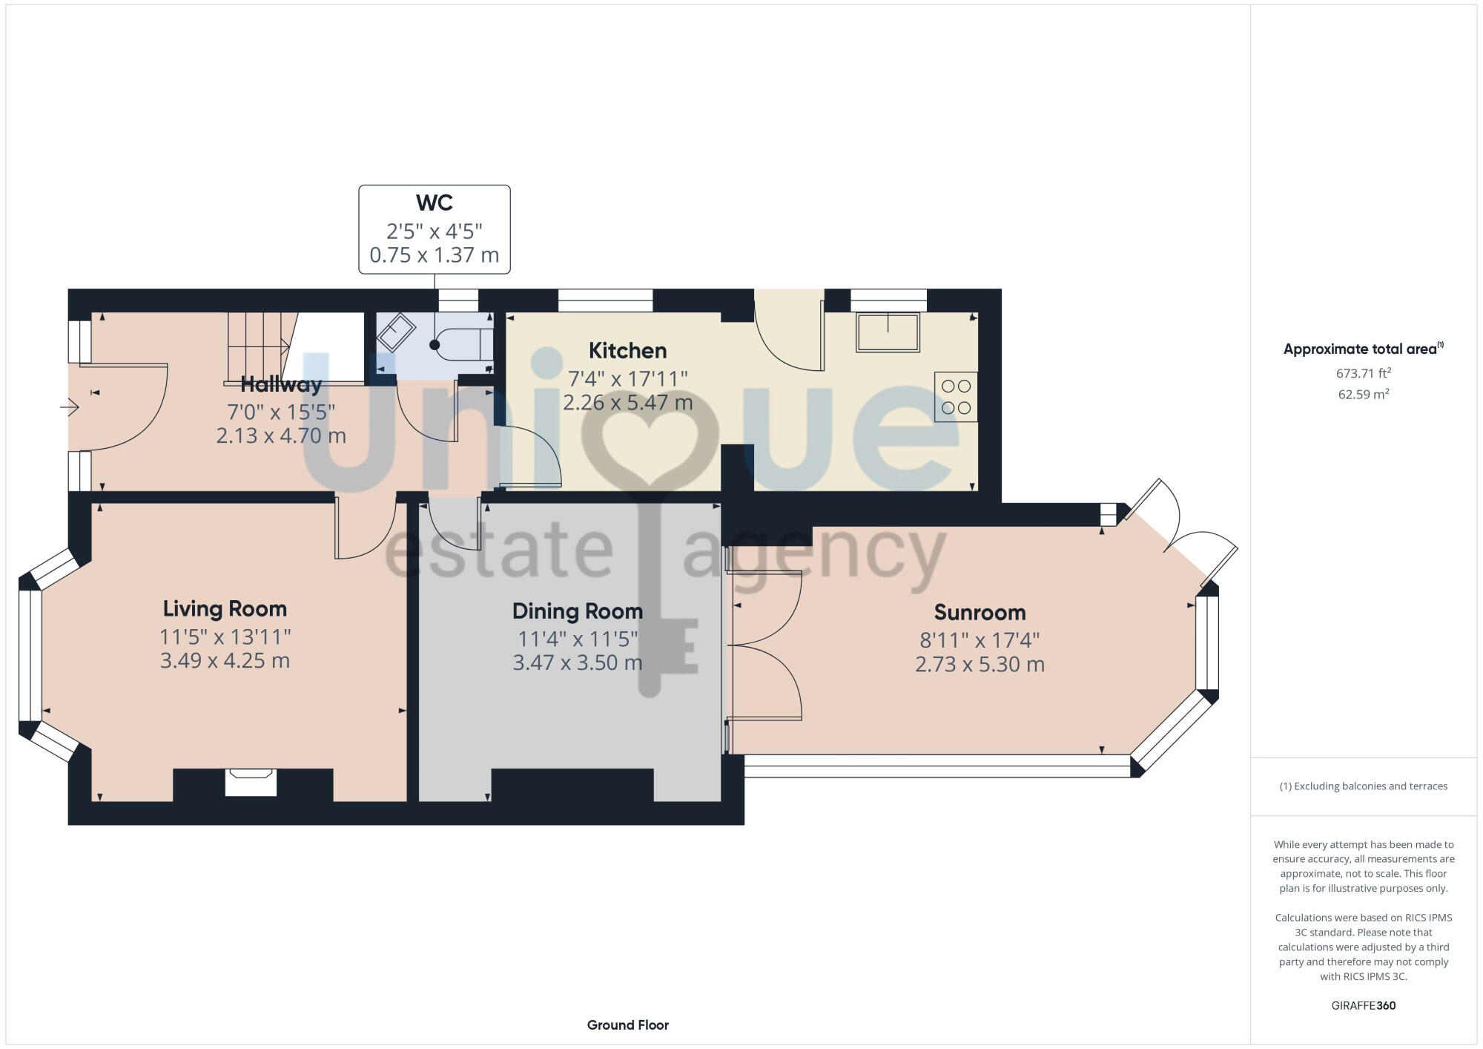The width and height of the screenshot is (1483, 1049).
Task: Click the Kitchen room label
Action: [x=627, y=350]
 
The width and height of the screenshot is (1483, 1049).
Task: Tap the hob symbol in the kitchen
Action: [x=956, y=397]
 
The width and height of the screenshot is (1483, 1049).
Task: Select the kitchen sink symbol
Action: [x=888, y=332]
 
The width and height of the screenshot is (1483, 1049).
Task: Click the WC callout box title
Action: [x=435, y=203]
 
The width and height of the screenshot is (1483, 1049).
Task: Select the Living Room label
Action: [x=225, y=608]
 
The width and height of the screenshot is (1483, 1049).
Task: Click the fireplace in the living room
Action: [x=251, y=782]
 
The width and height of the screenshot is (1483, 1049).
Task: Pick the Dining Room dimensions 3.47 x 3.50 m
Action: [x=578, y=662]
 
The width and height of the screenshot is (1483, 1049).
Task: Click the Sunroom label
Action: [x=980, y=612]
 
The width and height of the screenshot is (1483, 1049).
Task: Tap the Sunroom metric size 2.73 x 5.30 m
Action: [x=980, y=664]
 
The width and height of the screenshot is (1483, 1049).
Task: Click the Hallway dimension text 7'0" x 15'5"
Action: [x=281, y=411]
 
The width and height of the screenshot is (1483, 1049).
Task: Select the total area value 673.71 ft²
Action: [x=1363, y=373]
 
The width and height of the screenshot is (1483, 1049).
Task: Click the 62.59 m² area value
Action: [x=1363, y=395]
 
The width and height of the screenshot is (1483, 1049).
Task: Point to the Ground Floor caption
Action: [x=627, y=1025]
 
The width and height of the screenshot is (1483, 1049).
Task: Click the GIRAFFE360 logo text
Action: [x=1363, y=1005]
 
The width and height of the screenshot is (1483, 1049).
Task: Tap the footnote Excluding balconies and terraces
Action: [x=1363, y=786]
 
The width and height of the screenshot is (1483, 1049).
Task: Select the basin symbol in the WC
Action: [x=396, y=332]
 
